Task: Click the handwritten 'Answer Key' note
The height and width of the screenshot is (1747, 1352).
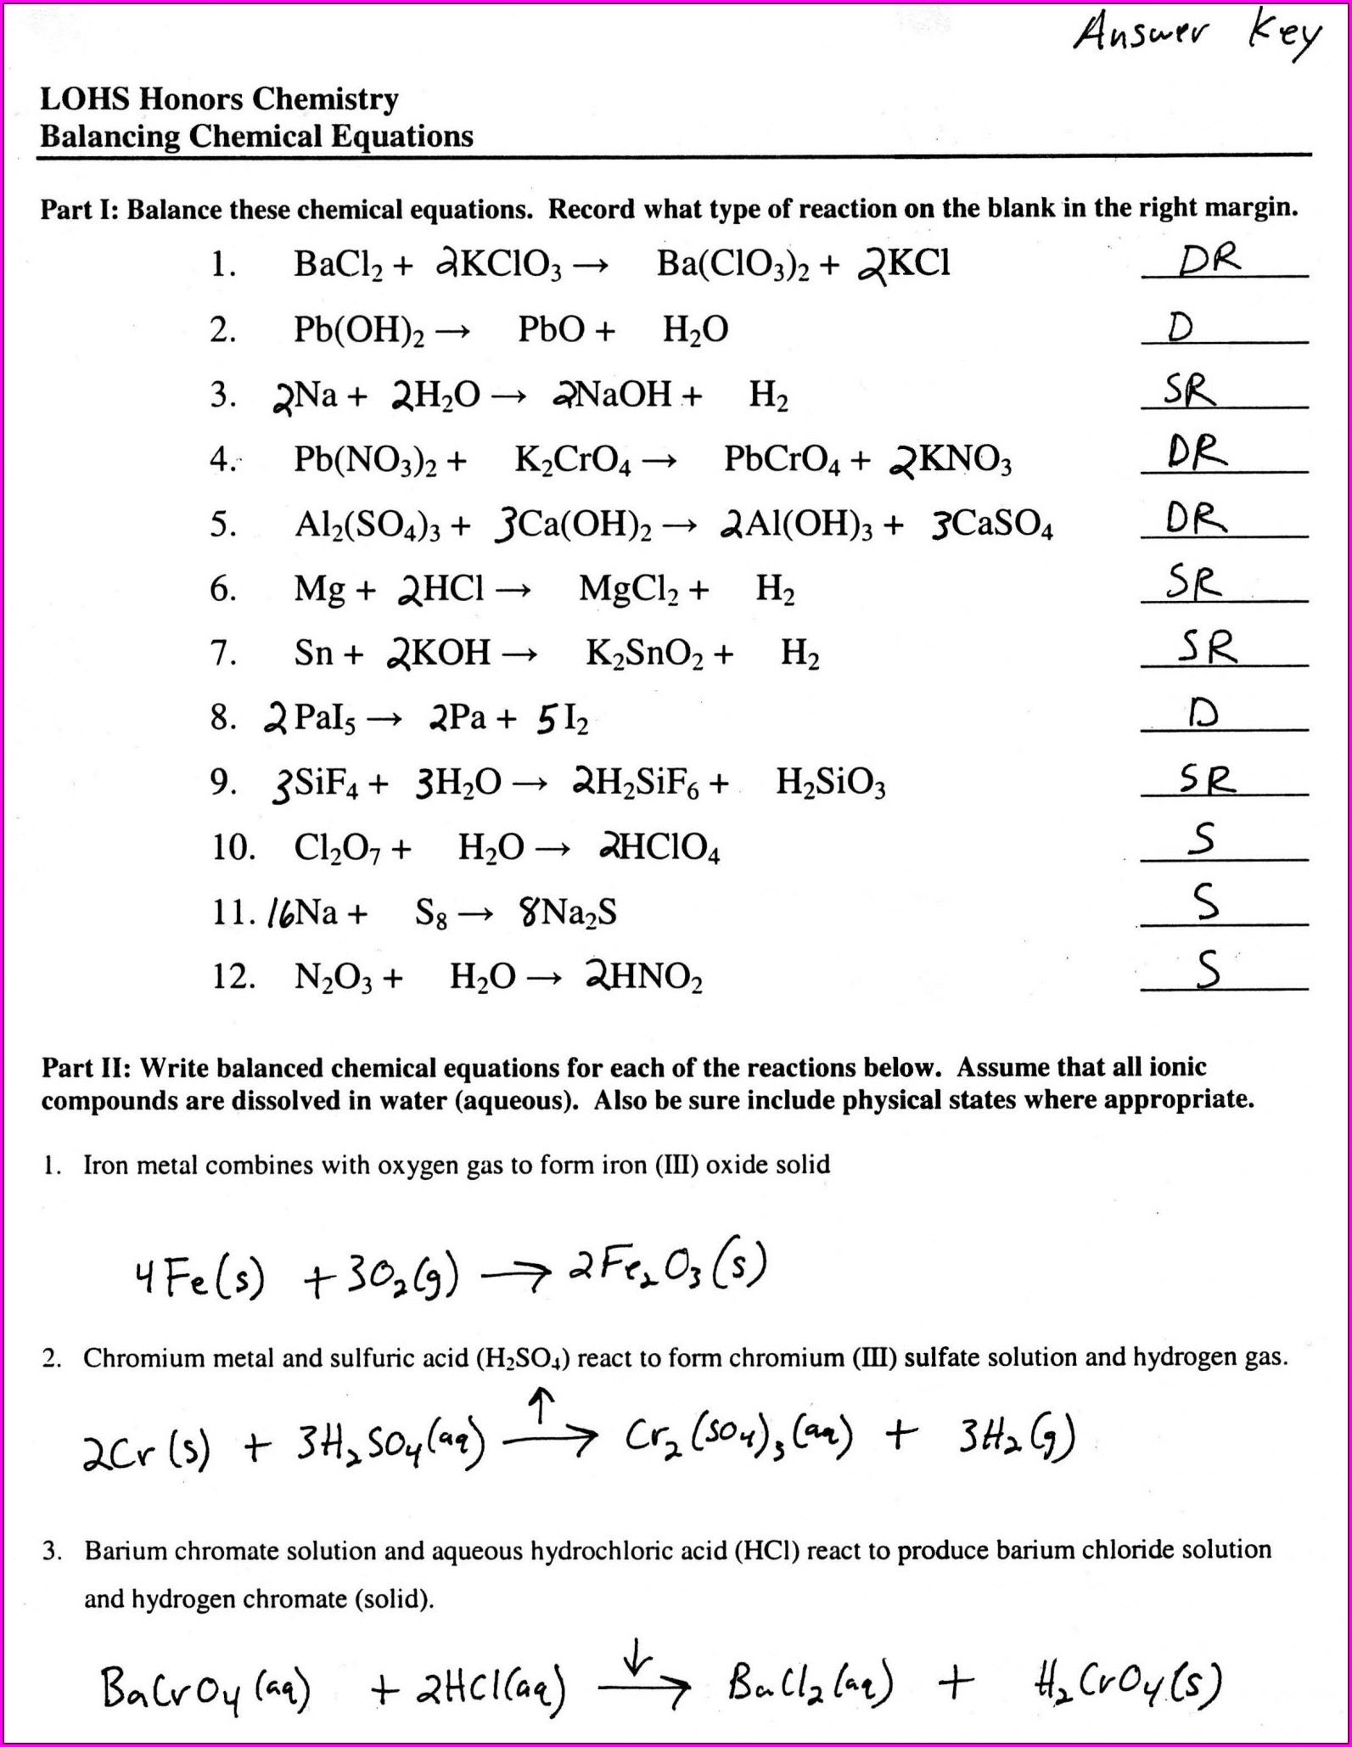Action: pos(1197,38)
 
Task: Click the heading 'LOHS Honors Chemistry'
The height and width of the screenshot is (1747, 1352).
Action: pos(219,99)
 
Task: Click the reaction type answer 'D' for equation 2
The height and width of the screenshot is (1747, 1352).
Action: pos(1180,327)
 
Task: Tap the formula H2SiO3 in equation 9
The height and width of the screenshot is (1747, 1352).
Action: pos(830,783)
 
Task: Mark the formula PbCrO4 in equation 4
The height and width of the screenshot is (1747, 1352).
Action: pos(782,460)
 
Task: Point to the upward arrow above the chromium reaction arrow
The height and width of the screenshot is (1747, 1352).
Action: pos(541,1405)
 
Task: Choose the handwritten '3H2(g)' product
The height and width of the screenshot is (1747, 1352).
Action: pos(1017,1437)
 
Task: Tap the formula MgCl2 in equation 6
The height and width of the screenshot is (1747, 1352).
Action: pos(628,589)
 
